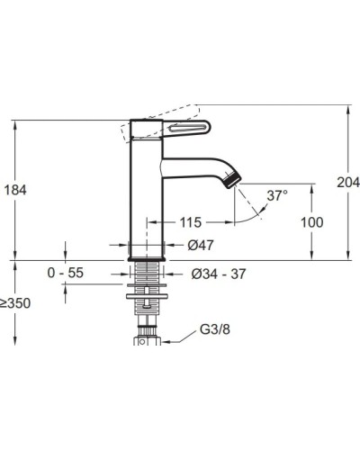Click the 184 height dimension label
(15, 190)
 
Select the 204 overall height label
(348, 182)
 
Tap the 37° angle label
(277, 195)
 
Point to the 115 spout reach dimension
(191, 222)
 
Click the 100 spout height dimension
(312, 222)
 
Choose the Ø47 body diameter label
(201, 246)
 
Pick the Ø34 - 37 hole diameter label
(219, 274)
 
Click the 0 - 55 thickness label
(66, 273)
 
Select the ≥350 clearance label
(15, 303)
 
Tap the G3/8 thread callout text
(215, 329)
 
